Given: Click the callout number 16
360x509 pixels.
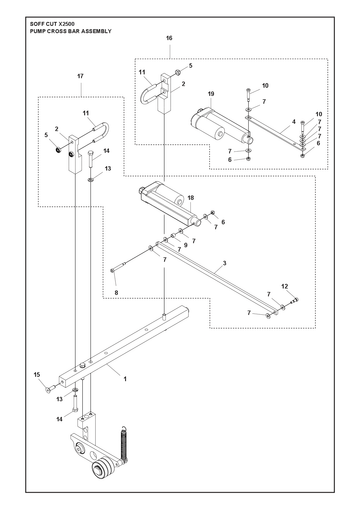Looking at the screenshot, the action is pos(169,38).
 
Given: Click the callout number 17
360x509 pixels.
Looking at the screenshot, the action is pos(80,76).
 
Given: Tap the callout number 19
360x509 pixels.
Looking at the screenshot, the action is pos(211,94).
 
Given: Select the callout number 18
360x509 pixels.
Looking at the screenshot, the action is pos(191,198).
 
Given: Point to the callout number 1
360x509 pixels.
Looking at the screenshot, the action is pos(125,379).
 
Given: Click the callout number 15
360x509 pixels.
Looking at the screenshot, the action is pos(37,375).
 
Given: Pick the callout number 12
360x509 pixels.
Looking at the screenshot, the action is pos(285,286).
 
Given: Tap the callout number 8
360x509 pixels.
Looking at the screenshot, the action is pos(116,293).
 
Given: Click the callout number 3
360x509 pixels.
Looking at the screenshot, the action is pos(225,263).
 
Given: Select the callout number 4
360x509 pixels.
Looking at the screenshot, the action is pos(294,122).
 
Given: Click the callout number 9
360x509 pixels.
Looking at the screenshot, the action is pos(186,245).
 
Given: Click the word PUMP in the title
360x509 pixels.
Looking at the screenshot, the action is pos(36,31).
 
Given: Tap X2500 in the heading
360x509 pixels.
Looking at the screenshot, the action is pos(66,24).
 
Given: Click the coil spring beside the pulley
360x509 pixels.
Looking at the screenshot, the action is pos(123,443).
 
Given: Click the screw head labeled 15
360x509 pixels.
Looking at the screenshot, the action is pos(49,388).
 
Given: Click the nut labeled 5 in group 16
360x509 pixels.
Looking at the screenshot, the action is pos(178,71).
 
